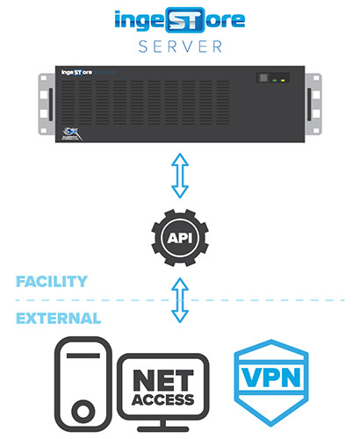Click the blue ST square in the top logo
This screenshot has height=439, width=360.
[x=182, y=18]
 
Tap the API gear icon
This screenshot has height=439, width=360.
[x=179, y=238]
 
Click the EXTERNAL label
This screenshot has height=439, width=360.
[x=57, y=317]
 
